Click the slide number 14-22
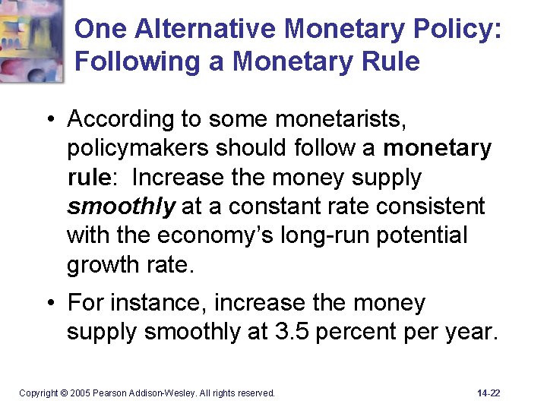pyautogui.click(x=489, y=393)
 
